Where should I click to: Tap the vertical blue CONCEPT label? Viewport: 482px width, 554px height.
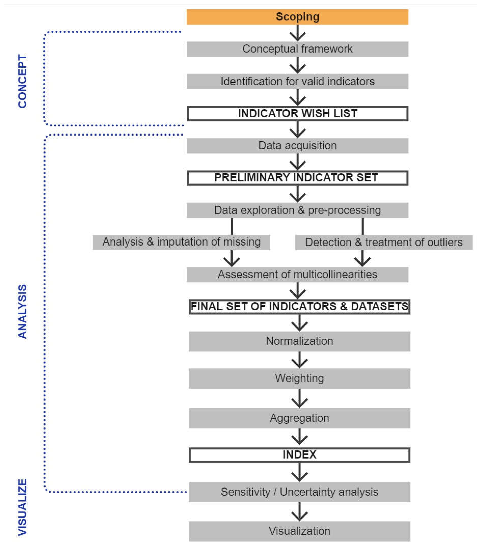point(22,81)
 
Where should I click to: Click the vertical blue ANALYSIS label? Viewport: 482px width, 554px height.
point(22,311)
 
